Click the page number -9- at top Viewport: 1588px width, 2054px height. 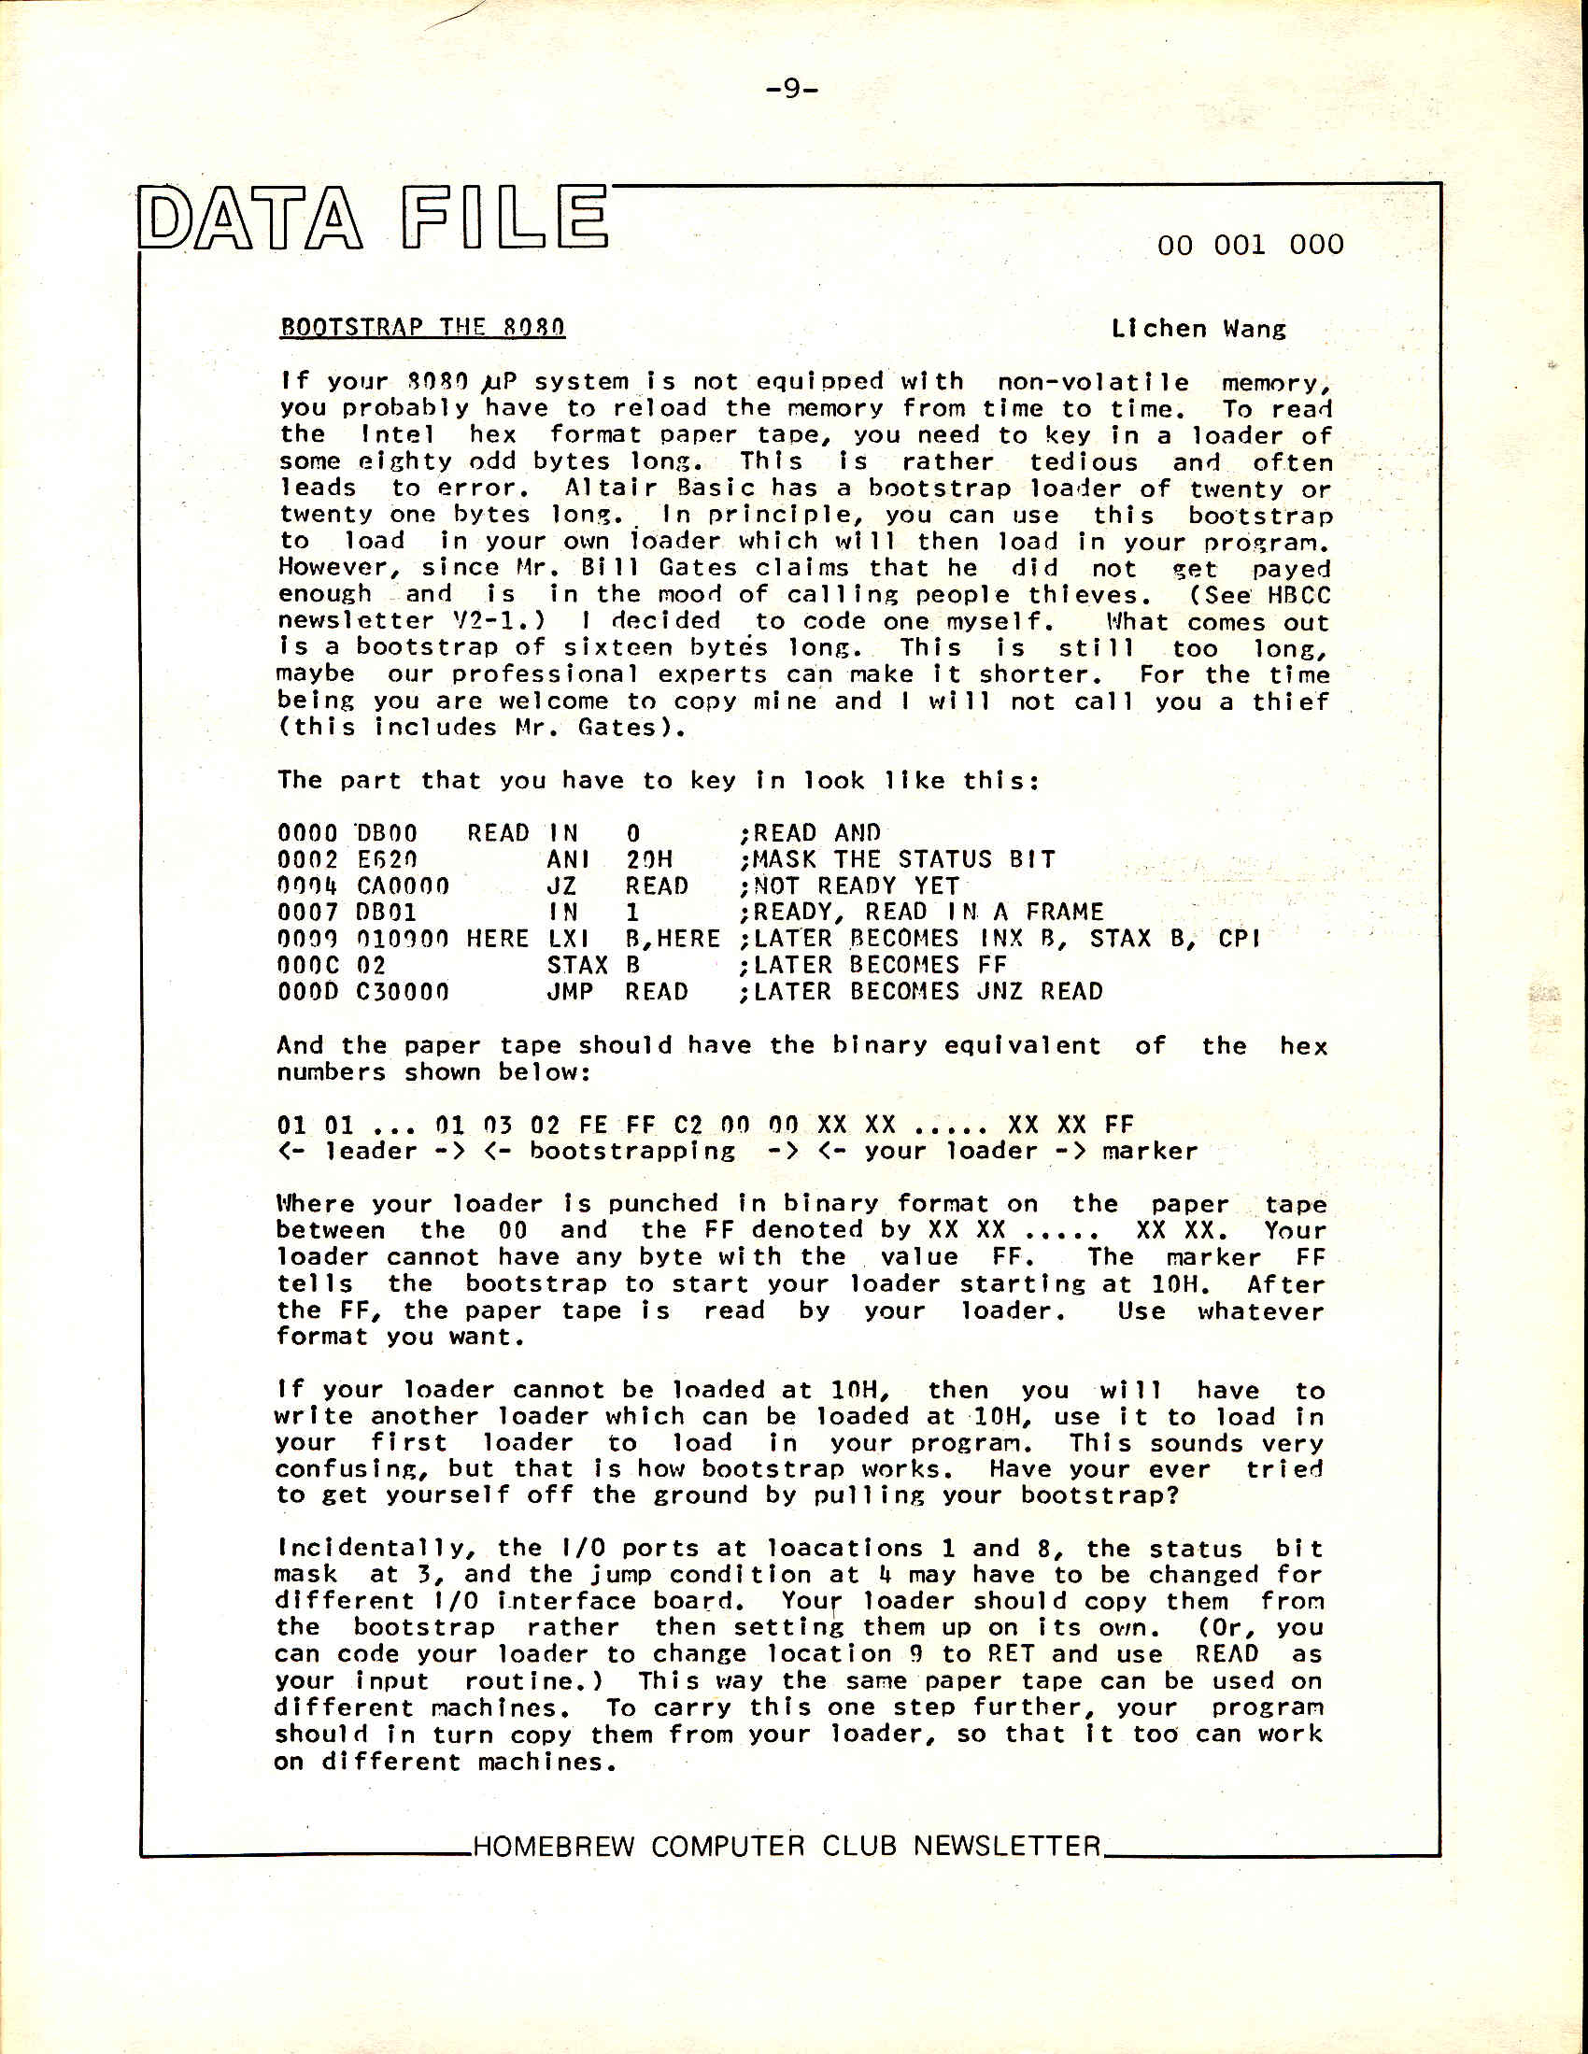pyautogui.click(x=792, y=89)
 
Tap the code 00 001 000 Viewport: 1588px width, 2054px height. pyautogui.click(x=1250, y=246)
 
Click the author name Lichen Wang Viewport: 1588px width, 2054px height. pyautogui.click(x=1198, y=328)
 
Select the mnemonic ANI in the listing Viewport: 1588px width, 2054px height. pyautogui.click(x=568, y=859)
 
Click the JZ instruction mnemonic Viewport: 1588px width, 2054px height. pyautogui.click(x=561, y=885)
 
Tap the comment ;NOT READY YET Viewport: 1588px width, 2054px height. pyautogui.click(x=848, y=885)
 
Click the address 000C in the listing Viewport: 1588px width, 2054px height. pyautogui.click(x=307, y=965)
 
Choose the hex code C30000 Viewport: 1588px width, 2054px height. pyautogui.click(x=403, y=991)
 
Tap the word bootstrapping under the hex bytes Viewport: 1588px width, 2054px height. pyautogui.click(x=632, y=1151)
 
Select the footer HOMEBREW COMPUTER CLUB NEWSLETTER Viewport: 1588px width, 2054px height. pyautogui.click(x=787, y=1845)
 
